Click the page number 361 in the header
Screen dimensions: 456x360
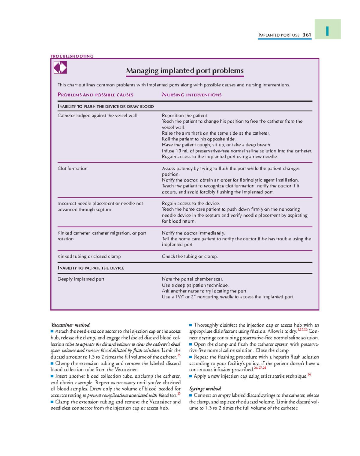(x=307, y=35)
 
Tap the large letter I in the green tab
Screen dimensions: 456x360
(x=327, y=31)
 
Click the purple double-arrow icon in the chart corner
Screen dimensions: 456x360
(x=60, y=67)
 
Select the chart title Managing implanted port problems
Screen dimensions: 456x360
(x=185, y=71)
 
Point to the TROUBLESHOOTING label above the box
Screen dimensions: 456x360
(x=72, y=56)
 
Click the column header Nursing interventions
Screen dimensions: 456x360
(x=192, y=95)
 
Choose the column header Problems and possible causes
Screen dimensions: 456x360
(x=95, y=95)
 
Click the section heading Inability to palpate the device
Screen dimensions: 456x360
(x=91, y=268)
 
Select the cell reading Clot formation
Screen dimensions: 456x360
(x=72, y=169)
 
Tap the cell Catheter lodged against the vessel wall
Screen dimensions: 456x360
(x=97, y=115)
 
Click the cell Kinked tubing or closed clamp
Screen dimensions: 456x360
(x=89, y=256)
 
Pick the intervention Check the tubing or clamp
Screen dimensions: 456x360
(x=190, y=256)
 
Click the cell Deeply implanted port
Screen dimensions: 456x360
(x=81, y=279)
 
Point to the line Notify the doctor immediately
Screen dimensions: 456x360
(x=193, y=233)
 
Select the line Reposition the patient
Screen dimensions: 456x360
(x=185, y=115)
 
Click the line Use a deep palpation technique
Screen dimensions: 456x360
(x=195, y=285)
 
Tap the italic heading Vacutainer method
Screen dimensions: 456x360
(x=70, y=325)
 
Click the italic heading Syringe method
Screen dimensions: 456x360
(x=205, y=389)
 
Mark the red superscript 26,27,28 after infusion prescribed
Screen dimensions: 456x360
(x=260, y=368)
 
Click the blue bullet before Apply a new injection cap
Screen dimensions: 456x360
(x=190, y=376)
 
